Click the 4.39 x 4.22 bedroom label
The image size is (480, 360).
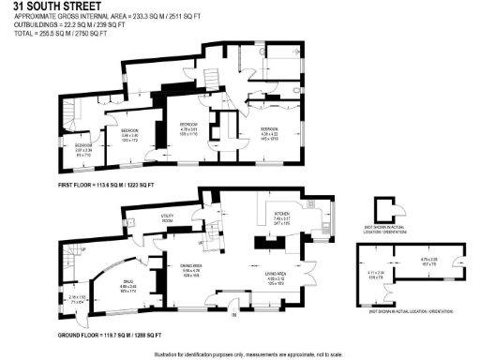click(x=270, y=132)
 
